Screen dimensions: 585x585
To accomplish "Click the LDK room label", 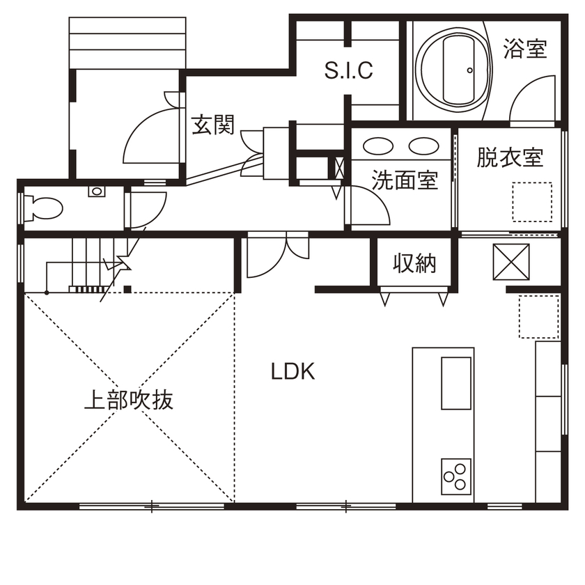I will pyautogui.click(x=293, y=372).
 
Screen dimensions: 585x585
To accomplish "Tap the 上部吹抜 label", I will pyautogui.click(x=128, y=400).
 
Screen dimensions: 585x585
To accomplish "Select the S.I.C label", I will pyautogui.click(x=350, y=70).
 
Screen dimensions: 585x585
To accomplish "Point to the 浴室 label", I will pyautogui.click(x=524, y=48).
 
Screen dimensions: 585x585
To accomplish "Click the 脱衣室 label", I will pyautogui.click(x=510, y=157).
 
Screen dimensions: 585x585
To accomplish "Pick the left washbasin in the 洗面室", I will pyautogui.click(x=379, y=146).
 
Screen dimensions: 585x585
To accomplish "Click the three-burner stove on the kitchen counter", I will pyautogui.click(x=455, y=477).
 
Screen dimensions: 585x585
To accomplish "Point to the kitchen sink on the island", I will pyautogui.click(x=456, y=383).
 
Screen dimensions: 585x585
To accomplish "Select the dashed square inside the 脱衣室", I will pyautogui.click(x=533, y=201).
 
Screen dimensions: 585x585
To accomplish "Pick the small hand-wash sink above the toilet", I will pyautogui.click(x=96, y=190).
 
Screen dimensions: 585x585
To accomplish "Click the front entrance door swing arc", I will pyautogui.click(x=146, y=132).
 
